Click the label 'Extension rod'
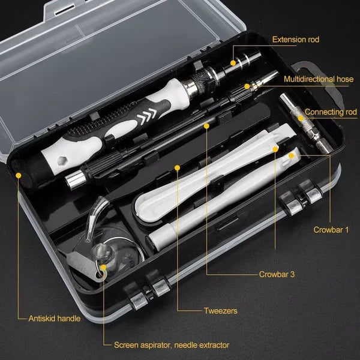296,40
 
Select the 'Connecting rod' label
331,112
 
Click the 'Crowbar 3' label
277,274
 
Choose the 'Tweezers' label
220,311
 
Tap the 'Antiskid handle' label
54,319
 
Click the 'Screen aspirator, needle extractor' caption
172,345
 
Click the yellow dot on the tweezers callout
178,167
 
